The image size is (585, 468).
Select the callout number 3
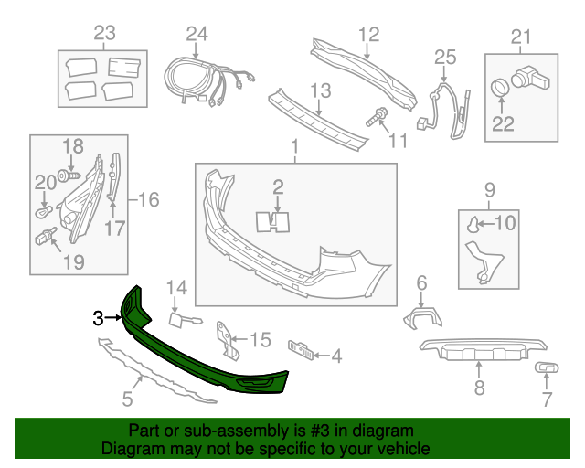(x=98, y=318)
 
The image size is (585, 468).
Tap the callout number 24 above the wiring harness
(x=197, y=35)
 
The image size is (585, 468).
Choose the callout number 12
(x=367, y=35)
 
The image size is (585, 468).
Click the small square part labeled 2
(x=277, y=219)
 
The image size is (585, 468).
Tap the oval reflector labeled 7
(x=546, y=368)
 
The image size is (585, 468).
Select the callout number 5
(x=127, y=399)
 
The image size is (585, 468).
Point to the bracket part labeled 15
(x=226, y=338)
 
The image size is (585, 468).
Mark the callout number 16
(x=149, y=198)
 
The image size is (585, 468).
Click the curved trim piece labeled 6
(x=421, y=317)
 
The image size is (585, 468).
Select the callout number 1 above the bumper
(x=294, y=146)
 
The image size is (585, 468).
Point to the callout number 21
(x=520, y=37)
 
